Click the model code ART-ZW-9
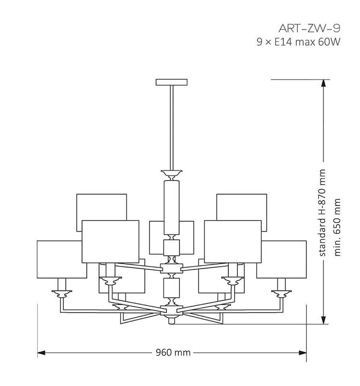(309, 28)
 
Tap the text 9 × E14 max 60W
(298, 42)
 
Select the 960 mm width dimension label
(173, 353)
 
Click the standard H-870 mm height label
(322, 213)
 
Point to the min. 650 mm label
(337, 227)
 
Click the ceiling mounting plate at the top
(171, 82)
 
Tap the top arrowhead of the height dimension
(323, 83)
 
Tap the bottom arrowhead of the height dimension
(323, 320)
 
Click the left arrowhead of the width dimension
(42, 353)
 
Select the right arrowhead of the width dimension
(303, 353)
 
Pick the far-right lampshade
(281, 260)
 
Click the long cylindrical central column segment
(172, 207)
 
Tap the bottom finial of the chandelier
(172, 320)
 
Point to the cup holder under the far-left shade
(62, 294)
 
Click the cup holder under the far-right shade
(281, 294)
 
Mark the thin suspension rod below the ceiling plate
(172, 128)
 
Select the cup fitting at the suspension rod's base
(172, 175)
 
